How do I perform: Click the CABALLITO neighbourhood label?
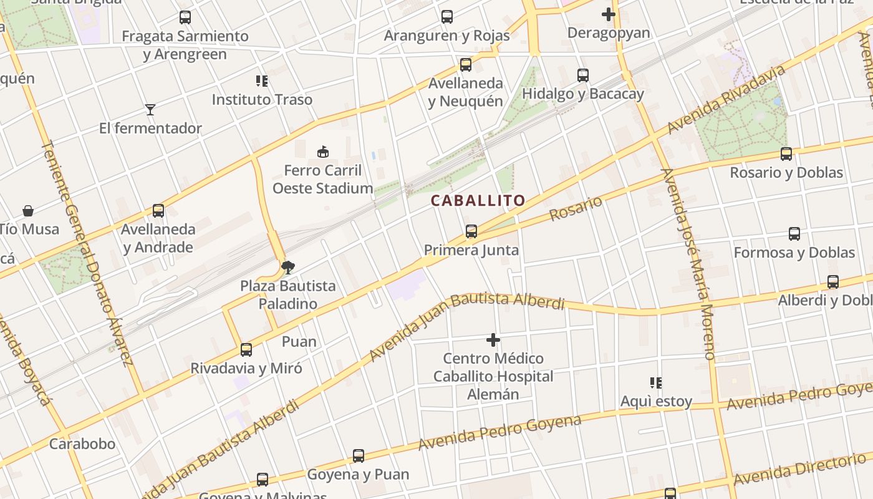coord(478,201)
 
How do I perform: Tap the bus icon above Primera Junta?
coord(471,232)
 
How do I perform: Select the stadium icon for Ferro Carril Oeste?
coord(323,152)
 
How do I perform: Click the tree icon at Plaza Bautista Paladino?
coord(287,268)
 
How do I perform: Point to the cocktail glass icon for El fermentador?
coord(150,110)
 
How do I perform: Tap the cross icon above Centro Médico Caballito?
coord(493,340)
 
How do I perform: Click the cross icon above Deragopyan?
coord(609,14)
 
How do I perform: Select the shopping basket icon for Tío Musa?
coord(28,211)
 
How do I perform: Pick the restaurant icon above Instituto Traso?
coord(262,81)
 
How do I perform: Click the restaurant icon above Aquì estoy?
coord(655,382)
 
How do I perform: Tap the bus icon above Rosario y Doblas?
coord(786,154)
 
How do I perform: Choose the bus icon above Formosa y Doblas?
coord(794,235)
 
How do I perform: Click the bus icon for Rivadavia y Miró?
coord(246,350)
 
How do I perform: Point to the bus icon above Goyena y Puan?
coord(359,456)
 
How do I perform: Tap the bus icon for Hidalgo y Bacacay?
coord(583,75)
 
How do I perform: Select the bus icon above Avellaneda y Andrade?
coord(158,211)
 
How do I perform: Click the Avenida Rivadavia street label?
coord(726,100)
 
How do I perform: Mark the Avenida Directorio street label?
coord(800,469)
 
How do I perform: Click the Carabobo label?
coord(82,444)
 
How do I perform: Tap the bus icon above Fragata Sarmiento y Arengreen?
coord(185,17)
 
